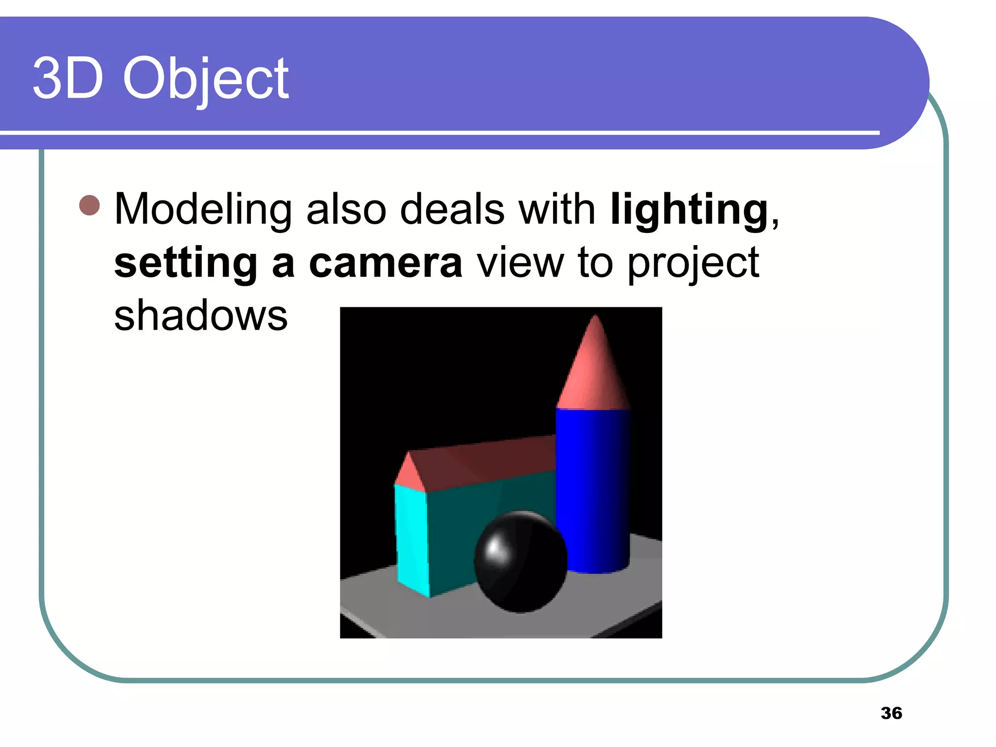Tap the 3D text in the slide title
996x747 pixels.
pyautogui.click(x=68, y=78)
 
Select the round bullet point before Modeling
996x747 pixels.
pyautogui.click(x=89, y=205)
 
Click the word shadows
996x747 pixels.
pyautogui.click(x=201, y=315)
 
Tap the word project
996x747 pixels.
pyautogui.click(x=693, y=264)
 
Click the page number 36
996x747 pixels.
pyautogui.click(x=891, y=713)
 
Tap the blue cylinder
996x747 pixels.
pyautogui.click(x=593, y=486)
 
